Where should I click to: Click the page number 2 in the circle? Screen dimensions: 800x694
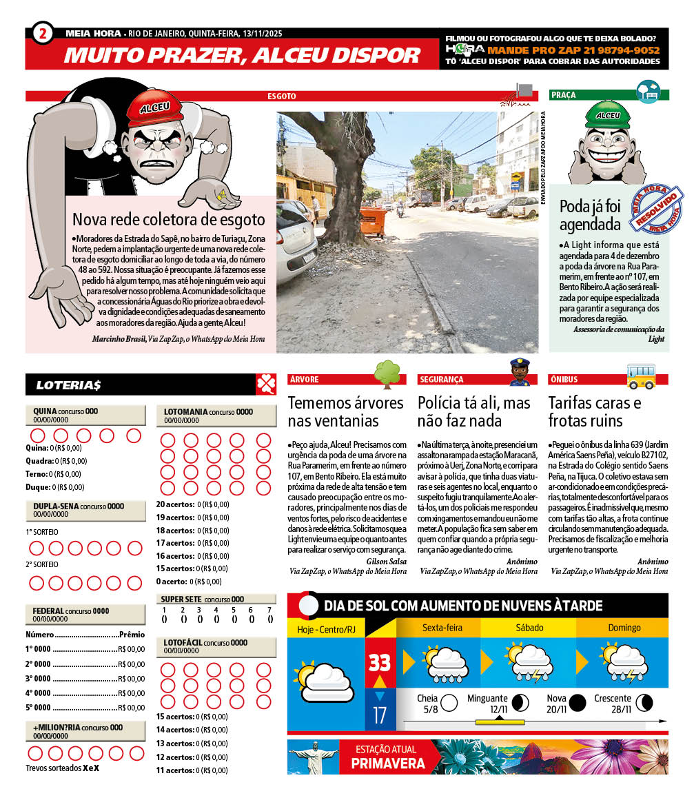(x=42, y=33)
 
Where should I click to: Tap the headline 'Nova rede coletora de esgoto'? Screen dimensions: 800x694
(x=168, y=220)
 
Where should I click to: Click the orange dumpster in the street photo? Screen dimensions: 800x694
(x=373, y=221)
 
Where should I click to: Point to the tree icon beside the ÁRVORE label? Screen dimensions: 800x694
(x=387, y=374)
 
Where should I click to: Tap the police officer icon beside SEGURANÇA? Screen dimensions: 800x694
(x=518, y=372)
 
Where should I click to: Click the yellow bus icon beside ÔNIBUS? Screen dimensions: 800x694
(x=641, y=376)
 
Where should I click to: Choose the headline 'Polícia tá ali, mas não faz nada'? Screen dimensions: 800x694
(x=473, y=411)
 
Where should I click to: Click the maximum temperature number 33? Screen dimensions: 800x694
(x=380, y=663)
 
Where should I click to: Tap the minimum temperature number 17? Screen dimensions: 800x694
(x=380, y=715)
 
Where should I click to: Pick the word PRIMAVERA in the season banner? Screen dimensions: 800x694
(x=388, y=763)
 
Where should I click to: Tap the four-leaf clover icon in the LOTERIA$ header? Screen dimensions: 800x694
(x=266, y=384)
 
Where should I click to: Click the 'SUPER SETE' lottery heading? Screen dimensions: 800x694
(x=181, y=599)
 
